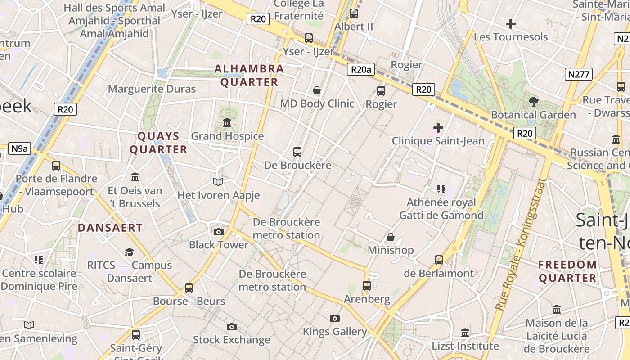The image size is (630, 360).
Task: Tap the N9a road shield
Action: coord(19,148)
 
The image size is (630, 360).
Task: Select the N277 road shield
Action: coord(579,74)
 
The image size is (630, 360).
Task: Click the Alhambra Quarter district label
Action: coord(249,76)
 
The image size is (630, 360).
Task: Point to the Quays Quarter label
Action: coord(158,143)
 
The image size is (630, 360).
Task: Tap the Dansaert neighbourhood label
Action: coord(110,228)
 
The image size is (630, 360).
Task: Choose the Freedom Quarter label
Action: coord(568,271)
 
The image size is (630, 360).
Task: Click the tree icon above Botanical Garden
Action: coord(534,102)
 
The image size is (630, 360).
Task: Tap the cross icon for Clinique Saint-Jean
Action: coord(438,128)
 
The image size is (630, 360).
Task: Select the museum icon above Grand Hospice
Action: coord(227,123)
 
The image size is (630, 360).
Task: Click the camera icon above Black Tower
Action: coord(219,232)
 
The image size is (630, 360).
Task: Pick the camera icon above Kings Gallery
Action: coord(335,319)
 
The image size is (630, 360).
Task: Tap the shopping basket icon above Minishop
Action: coord(391,237)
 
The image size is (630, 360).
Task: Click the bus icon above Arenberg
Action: coord(367,286)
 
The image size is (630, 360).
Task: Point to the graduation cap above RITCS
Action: coord(130,252)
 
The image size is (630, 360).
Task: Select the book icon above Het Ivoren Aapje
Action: coord(218,182)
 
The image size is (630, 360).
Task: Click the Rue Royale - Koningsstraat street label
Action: coord(520,245)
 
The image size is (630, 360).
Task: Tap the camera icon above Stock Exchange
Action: coord(232,327)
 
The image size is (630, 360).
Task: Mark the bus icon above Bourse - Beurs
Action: coord(189,288)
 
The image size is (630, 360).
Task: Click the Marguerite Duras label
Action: coord(152,89)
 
